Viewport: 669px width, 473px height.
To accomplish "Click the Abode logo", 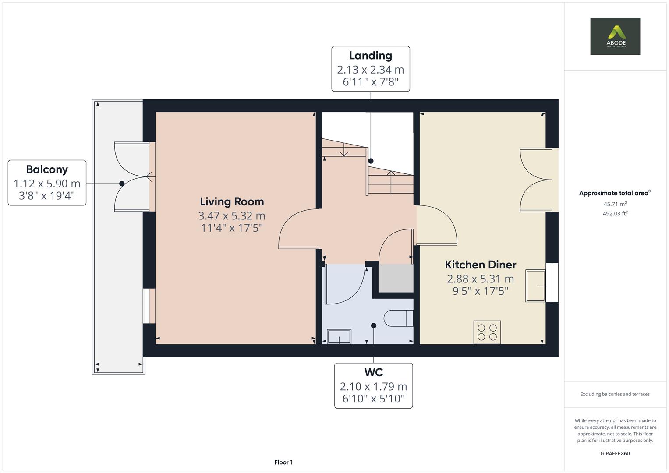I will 615,36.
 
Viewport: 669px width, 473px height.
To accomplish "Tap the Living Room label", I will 232,201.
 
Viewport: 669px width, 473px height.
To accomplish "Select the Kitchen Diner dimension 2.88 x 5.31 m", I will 480,279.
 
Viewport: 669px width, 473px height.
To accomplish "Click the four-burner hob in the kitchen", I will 487,332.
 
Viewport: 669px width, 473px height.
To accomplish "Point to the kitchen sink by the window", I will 535,286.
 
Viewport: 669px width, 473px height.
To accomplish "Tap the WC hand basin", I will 339,336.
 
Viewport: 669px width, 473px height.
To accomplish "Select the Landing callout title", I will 370,56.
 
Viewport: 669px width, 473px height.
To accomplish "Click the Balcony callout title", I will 47,169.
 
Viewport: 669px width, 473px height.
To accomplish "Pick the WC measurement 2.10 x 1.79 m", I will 373,386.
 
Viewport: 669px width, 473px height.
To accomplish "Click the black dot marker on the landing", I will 371,161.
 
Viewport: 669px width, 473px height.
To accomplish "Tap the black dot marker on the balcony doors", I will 122,184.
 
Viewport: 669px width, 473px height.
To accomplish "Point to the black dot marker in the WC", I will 374,325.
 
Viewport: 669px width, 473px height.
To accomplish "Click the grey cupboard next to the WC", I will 396,279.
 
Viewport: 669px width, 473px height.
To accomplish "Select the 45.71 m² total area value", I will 615,204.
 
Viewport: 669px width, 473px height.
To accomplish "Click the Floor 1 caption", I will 283,462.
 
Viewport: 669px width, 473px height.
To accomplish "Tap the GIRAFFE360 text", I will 615,453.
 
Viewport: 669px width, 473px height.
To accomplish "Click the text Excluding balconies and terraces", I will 615,394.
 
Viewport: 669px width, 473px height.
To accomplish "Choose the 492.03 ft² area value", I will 615,214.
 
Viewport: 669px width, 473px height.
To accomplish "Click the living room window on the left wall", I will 149,306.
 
